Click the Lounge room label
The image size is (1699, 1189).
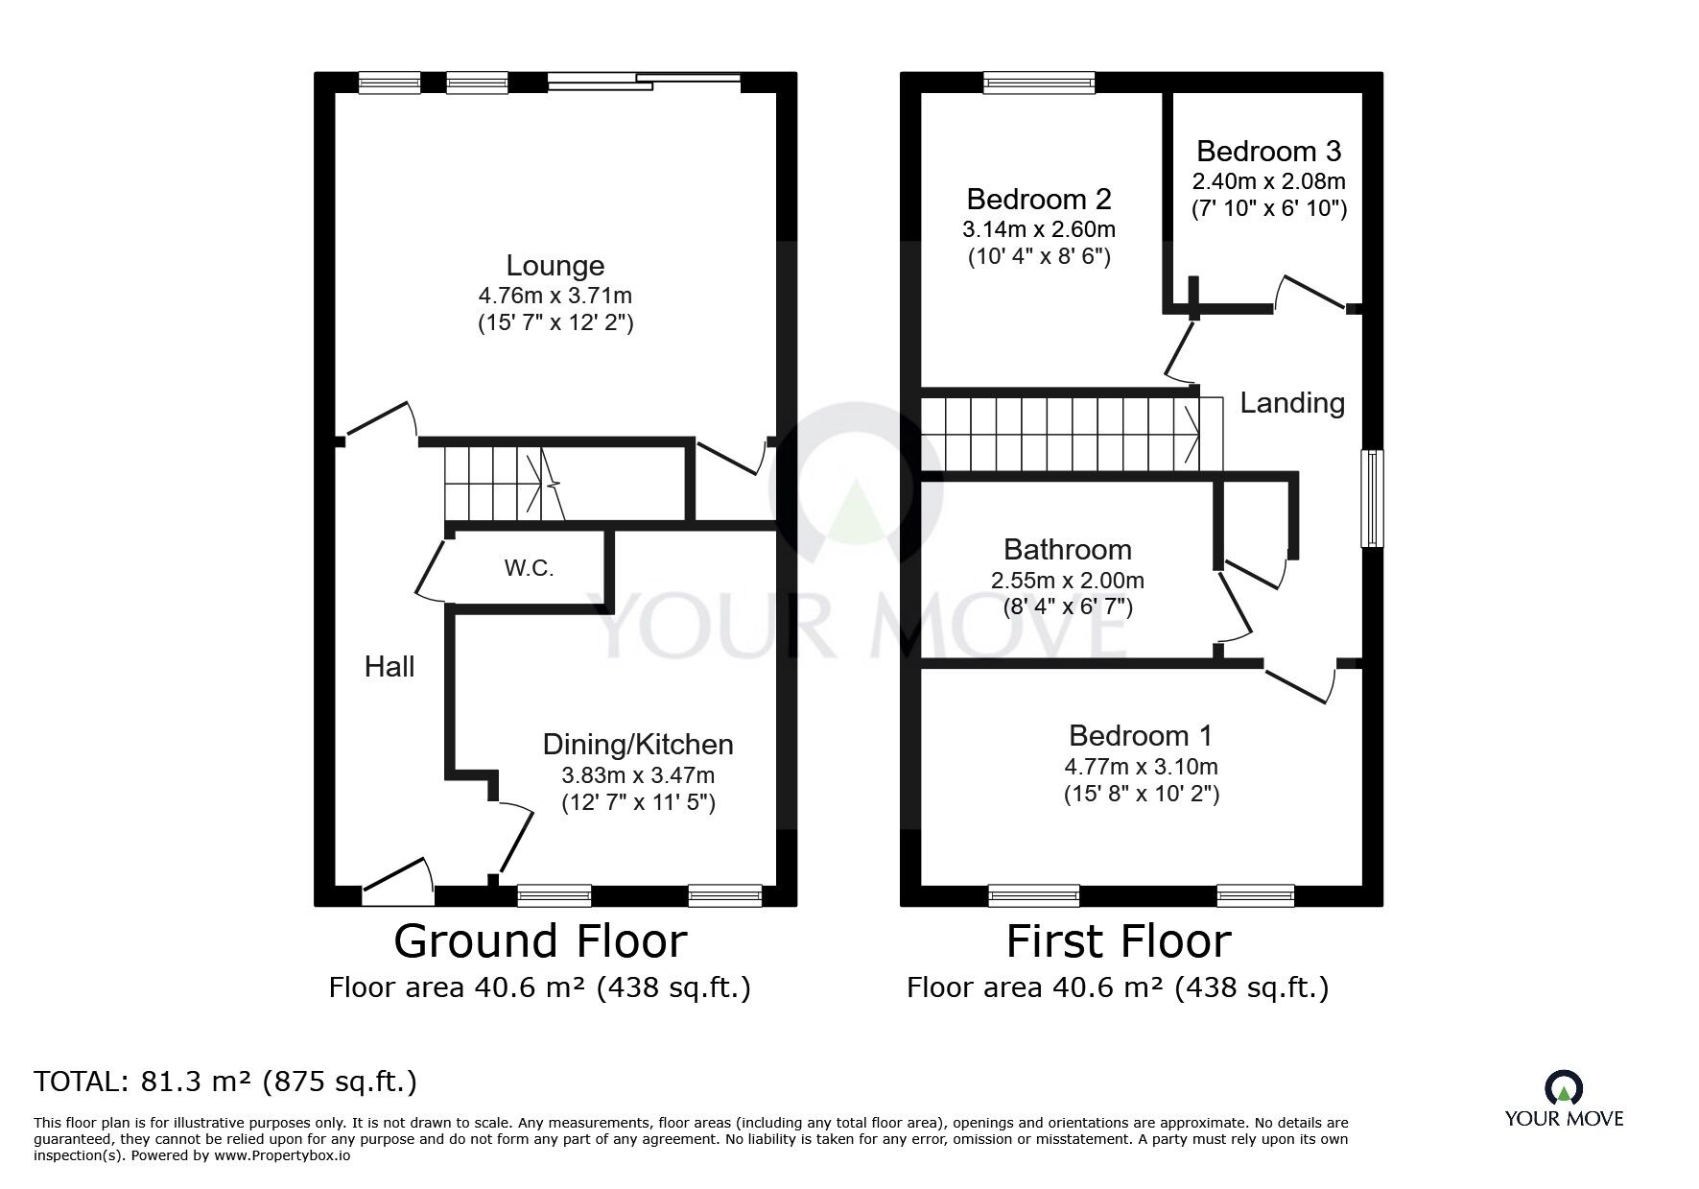[555, 266]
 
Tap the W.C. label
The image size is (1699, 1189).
[529, 568]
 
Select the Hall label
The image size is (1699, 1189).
[389, 666]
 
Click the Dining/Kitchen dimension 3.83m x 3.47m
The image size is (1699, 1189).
[638, 774]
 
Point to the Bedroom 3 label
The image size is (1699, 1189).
[1268, 152]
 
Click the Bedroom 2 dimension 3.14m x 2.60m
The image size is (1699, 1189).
[1038, 229]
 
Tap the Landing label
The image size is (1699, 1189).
[1291, 403]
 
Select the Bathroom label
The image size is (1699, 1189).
[1067, 550]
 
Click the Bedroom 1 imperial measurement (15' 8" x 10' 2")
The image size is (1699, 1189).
[1141, 794]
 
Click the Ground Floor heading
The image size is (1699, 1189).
[540, 941]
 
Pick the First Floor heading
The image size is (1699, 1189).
[1118, 941]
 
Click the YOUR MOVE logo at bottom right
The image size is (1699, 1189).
[1563, 1100]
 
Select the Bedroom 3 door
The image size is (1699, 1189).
[1311, 292]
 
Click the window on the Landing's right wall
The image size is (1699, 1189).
[1373, 498]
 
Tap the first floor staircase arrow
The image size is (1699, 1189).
[1192, 434]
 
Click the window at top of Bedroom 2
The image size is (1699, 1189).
[1039, 83]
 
